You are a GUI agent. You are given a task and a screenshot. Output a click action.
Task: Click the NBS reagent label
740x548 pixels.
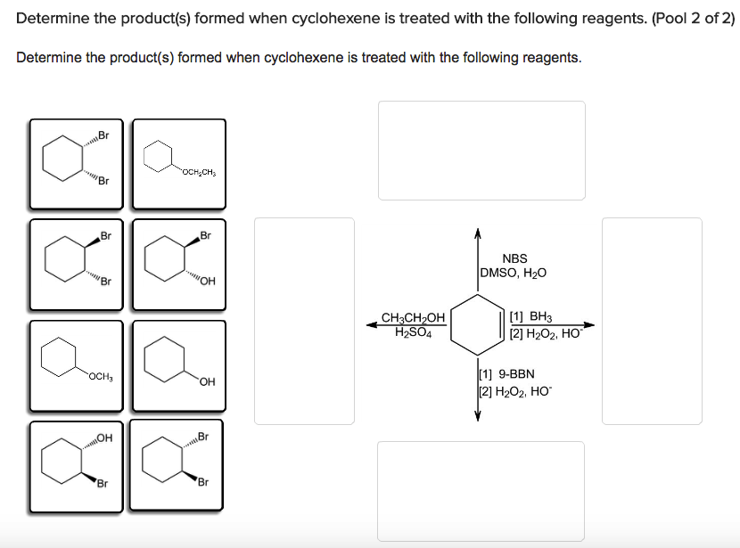pyautogui.click(x=514, y=258)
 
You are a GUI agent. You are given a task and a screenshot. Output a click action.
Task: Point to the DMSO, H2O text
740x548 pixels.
pyautogui.click(x=514, y=274)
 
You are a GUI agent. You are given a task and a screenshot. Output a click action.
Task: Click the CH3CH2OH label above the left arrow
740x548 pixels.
pyautogui.click(x=413, y=317)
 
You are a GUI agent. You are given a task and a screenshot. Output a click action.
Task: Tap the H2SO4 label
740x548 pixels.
pyautogui.click(x=413, y=333)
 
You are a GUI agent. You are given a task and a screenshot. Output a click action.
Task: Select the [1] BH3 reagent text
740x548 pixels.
pyautogui.click(x=531, y=317)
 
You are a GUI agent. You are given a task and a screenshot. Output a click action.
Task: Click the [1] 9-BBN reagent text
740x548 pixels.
pyautogui.click(x=506, y=375)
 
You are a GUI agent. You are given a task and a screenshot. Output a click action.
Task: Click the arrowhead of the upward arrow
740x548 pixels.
pyautogui.click(x=478, y=233)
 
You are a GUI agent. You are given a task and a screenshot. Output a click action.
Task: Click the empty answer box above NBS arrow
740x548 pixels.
pyautogui.click(x=481, y=150)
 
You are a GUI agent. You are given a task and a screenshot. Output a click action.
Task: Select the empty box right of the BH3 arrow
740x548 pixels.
pyautogui.click(x=652, y=321)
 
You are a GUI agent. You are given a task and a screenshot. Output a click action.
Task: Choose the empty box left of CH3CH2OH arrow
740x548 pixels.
pyautogui.click(x=304, y=321)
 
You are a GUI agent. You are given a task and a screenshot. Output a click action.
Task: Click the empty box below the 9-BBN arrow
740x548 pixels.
pyautogui.click(x=481, y=490)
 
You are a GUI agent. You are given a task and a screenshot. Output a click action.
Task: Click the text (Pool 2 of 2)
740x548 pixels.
pyautogui.click(x=693, y=18)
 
